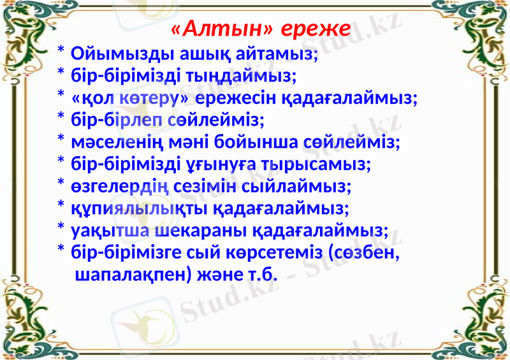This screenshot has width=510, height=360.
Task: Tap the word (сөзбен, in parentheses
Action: (363, 252)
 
